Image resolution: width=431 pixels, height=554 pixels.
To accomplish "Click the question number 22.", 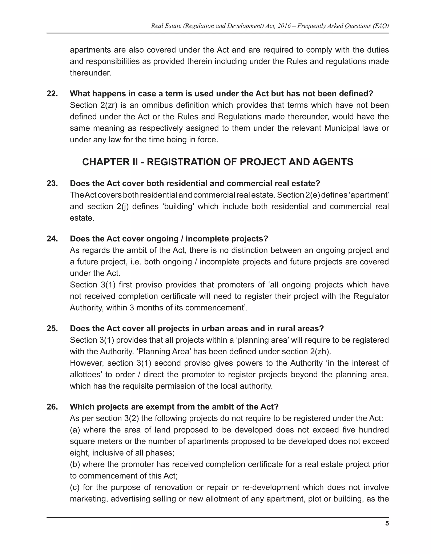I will (52, 94).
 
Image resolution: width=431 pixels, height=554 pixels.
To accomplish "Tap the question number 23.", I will (52, 183).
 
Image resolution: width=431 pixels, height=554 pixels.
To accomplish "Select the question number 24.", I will (52, 239).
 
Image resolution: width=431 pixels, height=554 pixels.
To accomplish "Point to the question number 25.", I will (52, 329).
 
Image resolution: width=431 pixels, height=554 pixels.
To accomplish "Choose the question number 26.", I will (52, 407).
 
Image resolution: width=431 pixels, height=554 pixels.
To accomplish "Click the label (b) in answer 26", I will (75, 464).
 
